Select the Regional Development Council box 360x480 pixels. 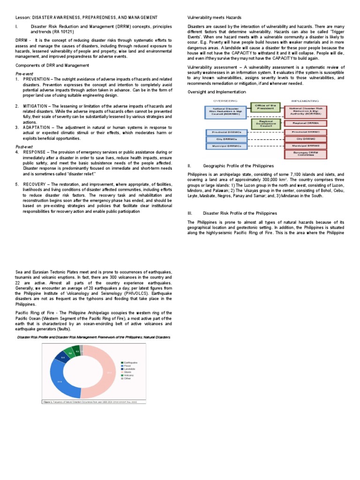coord(266,123)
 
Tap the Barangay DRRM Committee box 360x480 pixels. coord(306,153)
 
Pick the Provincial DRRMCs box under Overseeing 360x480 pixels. coord(223,132)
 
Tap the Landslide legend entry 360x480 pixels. coord(130,369)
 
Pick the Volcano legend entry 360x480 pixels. coord(129,375)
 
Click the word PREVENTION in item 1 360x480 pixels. coord(36,80)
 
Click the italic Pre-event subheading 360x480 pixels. coord(24,74)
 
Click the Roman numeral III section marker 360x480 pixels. coord(190,213)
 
